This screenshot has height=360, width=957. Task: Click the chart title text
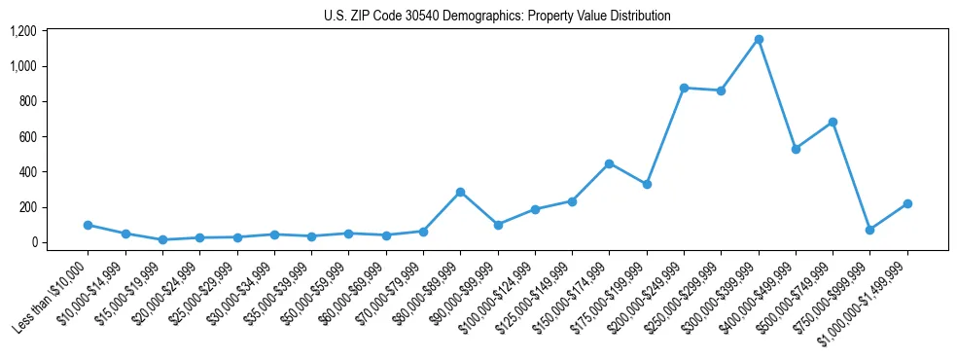(497, 17)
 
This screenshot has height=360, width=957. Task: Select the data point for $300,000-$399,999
(759, 40)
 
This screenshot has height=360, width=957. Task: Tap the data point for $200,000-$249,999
(684, 88)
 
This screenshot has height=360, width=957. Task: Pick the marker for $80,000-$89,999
(460, 192)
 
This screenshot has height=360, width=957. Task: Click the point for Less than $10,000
(88, 225)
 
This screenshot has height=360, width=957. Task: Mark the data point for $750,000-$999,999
(869, 230)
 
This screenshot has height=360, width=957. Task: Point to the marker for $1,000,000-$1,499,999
(907, 203)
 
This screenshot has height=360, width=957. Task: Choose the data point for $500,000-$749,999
(833, 122)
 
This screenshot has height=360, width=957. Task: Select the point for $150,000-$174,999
(609, 163)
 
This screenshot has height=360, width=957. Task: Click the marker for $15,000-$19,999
(162, 239)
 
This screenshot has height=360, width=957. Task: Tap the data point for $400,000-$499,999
(796, 149)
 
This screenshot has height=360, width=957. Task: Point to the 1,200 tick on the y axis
(22, 31)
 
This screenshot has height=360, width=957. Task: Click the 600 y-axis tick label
(27, 137)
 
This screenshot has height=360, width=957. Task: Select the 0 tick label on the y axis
(33, 242)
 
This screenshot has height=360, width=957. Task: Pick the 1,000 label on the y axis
(22, 66)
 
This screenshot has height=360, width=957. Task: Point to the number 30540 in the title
(403, 17)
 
